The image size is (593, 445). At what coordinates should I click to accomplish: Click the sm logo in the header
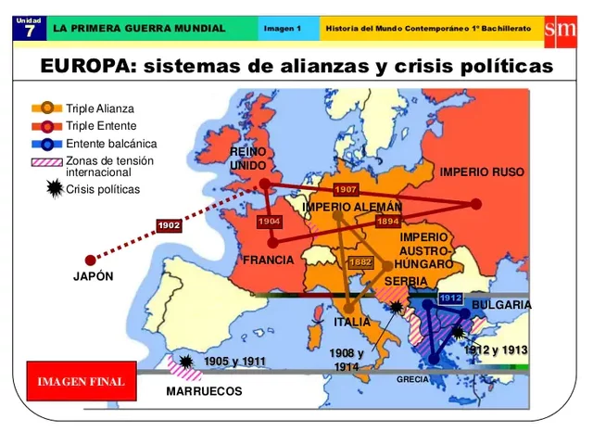tap(561, 29)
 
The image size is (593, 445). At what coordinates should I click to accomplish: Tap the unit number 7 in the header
tap(29, 32)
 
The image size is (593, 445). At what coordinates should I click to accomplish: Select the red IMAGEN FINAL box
tap(81, 381)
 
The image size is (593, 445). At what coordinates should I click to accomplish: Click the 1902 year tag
tap(169, 225)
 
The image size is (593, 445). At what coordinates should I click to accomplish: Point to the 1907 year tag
tap(346, 189)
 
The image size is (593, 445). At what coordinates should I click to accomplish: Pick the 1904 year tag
tap(270, 222)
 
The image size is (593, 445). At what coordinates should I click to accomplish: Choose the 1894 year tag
tap(387, 222)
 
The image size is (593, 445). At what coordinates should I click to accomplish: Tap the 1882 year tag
tap(360, 262)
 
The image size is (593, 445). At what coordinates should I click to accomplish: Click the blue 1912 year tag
tap(450, 298)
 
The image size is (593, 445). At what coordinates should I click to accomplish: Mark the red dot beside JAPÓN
tap(90, 261)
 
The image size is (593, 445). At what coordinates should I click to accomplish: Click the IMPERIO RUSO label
tap(482, 172)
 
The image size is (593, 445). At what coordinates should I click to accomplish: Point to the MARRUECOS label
tap(204, 391)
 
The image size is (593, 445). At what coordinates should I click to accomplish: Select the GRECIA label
tap(412, 379)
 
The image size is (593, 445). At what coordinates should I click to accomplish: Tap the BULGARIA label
tap(501, 305)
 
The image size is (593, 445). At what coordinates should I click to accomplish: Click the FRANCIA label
tap(268, 260)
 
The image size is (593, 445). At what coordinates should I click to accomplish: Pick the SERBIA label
tap(406, 281)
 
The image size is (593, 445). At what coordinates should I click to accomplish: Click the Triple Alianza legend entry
tap(99, 108)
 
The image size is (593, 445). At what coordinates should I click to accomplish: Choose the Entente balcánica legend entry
tap(111, 144)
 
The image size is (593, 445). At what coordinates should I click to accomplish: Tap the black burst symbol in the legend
tap(55, 189)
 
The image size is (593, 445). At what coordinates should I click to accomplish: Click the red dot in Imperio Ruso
tap(476, 204)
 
